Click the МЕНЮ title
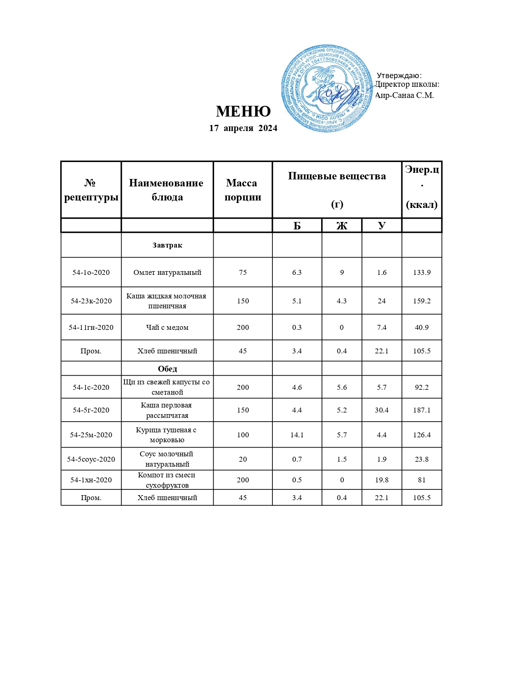[243, 112]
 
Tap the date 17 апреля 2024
[243, 128]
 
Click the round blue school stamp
[327, 89]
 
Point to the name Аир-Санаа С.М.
[404, 95]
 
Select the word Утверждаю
[399, 76]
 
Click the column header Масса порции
[243, 190]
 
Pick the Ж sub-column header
[342, 226]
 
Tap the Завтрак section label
[167, 245]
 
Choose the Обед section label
[167, 369]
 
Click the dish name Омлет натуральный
[167, 272]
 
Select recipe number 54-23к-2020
[91, 301]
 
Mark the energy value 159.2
[422, 301]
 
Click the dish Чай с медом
[167, 327]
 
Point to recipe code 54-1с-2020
[91, 387]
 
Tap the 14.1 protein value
[297, 435]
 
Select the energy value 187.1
[422, 410]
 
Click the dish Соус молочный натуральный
[167, 459]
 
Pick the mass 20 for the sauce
[243, 459]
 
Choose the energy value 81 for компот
[422, 480]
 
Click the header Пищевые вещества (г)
[337, 190]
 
